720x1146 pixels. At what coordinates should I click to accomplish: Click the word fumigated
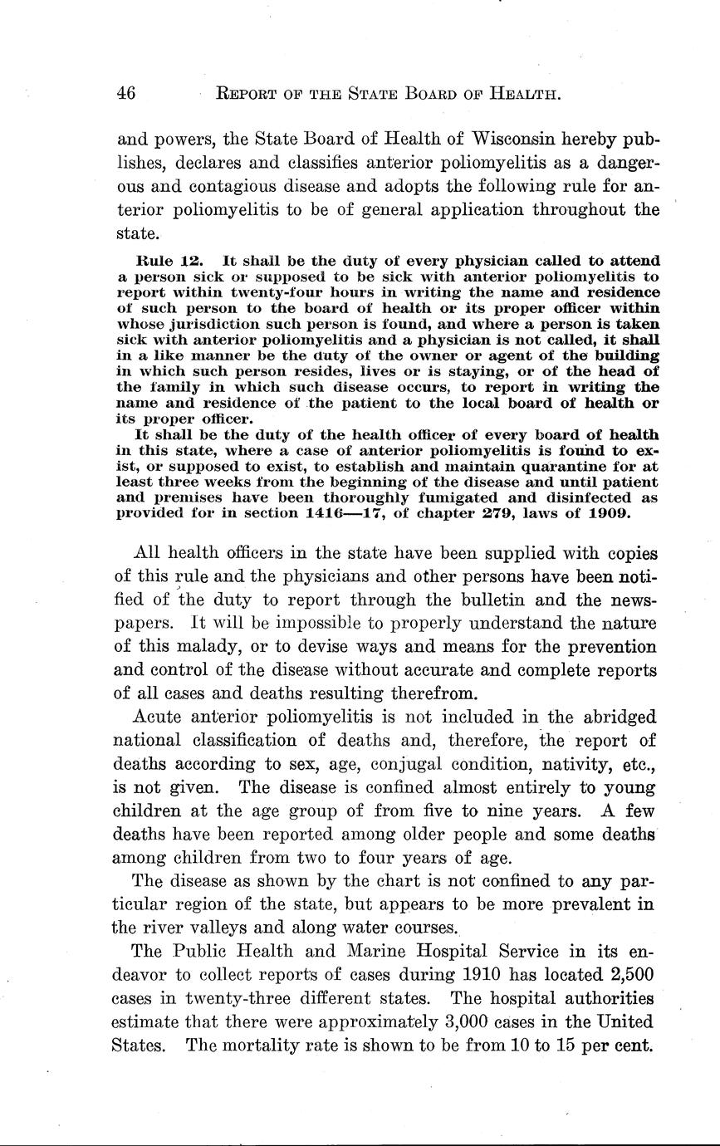click(458, 497)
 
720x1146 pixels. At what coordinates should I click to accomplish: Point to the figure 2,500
click(627, 974)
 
